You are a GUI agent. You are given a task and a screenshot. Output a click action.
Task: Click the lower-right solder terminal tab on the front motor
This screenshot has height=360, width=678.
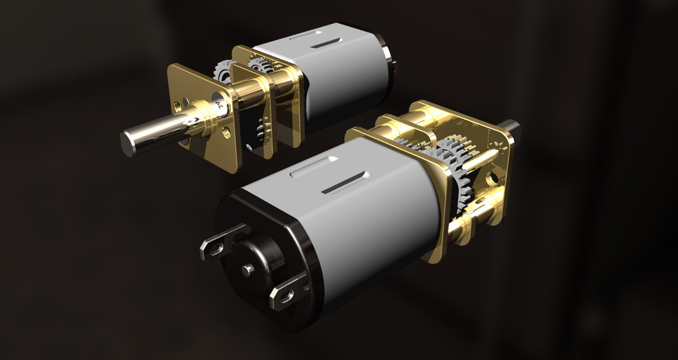pos(286,292)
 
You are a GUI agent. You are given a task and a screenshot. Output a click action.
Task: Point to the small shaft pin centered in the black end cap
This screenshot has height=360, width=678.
pos(246,270)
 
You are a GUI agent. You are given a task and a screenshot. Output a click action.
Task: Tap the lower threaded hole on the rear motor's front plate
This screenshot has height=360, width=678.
pos(226,132)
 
